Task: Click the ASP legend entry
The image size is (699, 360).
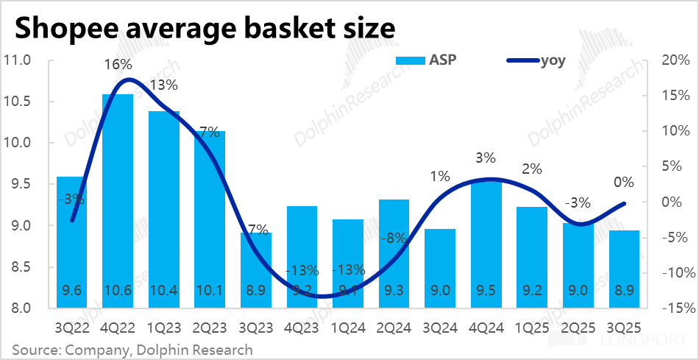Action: click(x=427, y=60)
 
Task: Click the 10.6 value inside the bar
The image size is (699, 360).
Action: click(x=117, y=291)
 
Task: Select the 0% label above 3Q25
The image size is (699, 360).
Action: click(x=624, y=183)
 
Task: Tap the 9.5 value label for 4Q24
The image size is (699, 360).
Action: click(x=486, y=291)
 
